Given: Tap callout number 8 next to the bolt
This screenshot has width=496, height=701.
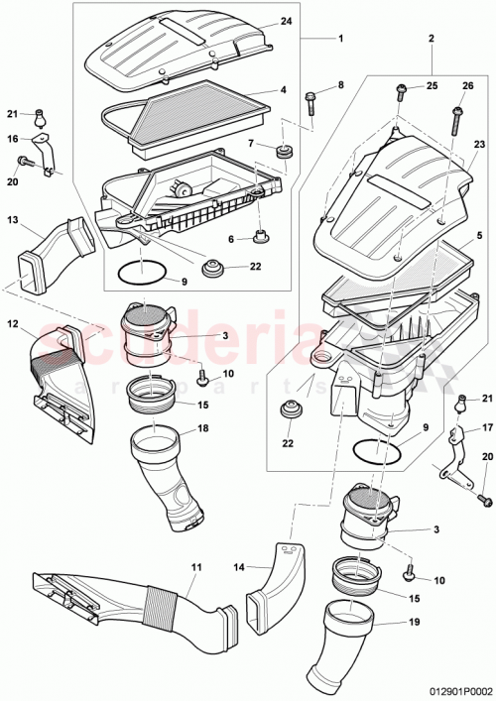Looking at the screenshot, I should click(340, 85).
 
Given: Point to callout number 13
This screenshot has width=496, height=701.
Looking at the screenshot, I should click(14, 219).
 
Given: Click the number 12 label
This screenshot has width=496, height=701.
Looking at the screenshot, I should click(14, 323).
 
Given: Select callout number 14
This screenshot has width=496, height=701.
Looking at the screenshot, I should click(239, 567).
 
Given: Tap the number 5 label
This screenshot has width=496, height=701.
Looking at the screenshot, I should click(479, 235).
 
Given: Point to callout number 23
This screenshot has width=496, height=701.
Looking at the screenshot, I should click(479, 146).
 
